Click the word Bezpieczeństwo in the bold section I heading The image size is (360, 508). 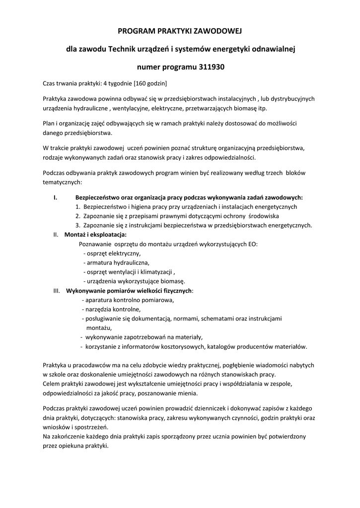pyautogui.click(x=97, y=197)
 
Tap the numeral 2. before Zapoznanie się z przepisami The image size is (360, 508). pyautogui.click(x=78, y=216)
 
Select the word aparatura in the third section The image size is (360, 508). pyautogui.click(x=100, y=300)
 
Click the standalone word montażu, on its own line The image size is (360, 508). pyautogui.click(x=99, y=327)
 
